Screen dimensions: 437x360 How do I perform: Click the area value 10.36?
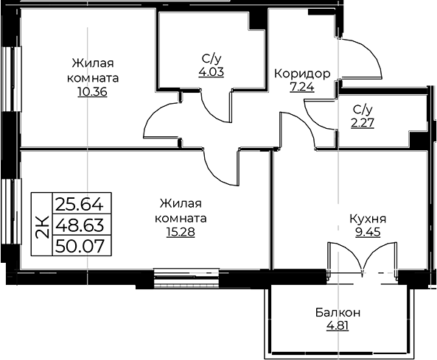tap(93, 92)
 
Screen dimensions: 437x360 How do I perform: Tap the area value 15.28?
tap(181, 232)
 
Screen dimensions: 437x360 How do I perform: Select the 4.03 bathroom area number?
tap(211, 72)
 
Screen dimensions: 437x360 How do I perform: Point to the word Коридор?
tap(302, 74)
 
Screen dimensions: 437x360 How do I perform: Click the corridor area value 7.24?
tap(302, 87)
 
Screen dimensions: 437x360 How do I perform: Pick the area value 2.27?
tap(363, 123)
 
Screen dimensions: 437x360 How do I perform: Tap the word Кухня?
tap(368, 219)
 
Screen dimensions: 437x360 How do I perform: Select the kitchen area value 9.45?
tap(368, 232)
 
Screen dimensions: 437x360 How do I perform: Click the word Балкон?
tap(338, 313)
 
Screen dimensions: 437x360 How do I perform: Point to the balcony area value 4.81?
tap(338, 325)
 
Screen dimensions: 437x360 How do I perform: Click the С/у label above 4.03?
tap(211, 59)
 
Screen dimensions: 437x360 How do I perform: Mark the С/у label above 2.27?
tap(363, 110)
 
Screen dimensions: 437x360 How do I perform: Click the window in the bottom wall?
tap(186, 278)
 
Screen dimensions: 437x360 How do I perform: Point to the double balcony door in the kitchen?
tap(363, 260)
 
